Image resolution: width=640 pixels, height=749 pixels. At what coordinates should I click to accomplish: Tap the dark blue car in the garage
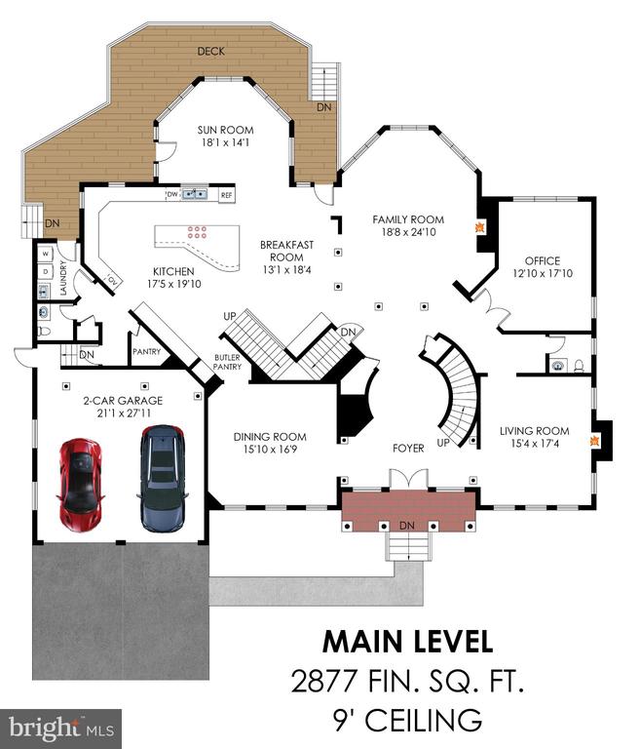click(x=163, y=478)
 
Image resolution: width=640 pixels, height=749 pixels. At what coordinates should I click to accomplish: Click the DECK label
click(x=211, y=51)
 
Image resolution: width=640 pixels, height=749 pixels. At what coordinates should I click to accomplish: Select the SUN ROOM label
click(x=225, y=130)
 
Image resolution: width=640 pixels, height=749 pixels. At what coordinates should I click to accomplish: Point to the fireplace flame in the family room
click(x=479, y=226)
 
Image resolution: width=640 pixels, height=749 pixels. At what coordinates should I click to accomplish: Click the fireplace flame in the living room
click(x=593, y=441)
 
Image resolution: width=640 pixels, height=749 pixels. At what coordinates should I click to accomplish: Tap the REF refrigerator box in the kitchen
click(x=226, y=195)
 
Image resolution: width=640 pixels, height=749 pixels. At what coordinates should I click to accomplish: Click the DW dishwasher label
click(x=172, y=194)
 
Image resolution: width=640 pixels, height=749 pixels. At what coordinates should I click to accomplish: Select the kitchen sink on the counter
click(x=194, y=194)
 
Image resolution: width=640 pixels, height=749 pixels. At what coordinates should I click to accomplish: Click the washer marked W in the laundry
click(x=46, y=254)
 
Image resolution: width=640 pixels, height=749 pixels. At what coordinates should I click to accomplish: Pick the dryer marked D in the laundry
click(x=46, y=272)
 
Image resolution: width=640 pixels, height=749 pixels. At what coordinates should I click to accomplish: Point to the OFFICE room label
click(x=543, y=260)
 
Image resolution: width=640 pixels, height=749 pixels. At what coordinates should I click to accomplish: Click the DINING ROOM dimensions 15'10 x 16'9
click(x=270, y=449)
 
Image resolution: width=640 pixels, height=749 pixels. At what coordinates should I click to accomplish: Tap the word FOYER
click(x=408, y=448)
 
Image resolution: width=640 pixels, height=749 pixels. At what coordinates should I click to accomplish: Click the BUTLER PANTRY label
click(x=227, y=362)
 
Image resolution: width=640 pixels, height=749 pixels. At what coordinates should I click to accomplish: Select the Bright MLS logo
click(x=61, y=729)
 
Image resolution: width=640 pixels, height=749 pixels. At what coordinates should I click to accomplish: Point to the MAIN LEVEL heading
click(x=408, y=642)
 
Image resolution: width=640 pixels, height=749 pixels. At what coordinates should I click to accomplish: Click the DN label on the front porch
click(x=406, y=526)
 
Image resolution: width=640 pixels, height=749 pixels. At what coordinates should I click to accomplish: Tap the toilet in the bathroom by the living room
click(x=579, y=366)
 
